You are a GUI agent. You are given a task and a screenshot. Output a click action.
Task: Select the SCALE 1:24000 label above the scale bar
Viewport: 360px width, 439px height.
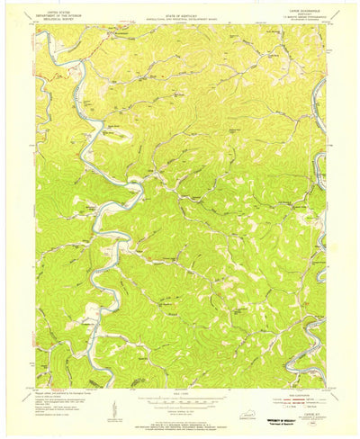click(x=180, y=394)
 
